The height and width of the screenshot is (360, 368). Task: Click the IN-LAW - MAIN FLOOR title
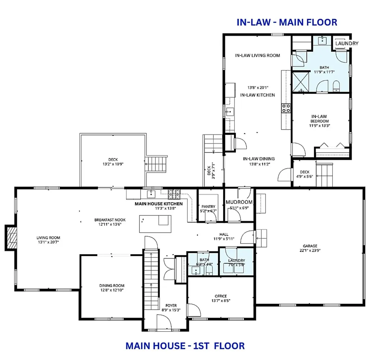pyautogui.click(x=287, y=22)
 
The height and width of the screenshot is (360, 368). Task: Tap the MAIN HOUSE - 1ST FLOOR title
pyautogui.click(x=185, y=346)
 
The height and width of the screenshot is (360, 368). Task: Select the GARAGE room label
pyautogui.click(x=309, y=246)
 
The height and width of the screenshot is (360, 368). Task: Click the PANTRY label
pyautogui.click(x=208, y=206)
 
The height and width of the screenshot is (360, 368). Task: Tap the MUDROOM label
pyautogui.click(x=239, y=202)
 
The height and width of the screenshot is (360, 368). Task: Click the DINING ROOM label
pyautogui.click(x=112, y=286)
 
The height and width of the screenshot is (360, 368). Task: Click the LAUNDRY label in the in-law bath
pyautogui.click(x=346, y=44)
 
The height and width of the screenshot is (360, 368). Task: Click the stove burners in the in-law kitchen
pyautogui.click(x=286, y=108)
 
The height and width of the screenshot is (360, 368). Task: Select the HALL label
pyautogui.click(x=224, y=234)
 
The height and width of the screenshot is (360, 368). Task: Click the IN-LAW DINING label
pyautogui.click(x=258, y=159)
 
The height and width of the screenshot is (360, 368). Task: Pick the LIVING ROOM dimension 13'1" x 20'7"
pyautogui.click(x=48, y=242)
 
